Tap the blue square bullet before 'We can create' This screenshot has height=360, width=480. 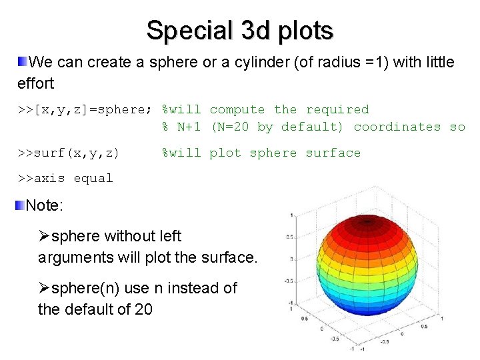pyautogui.click(x=23, y=63)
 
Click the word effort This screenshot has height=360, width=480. pyautogui.click(x=35, y=84)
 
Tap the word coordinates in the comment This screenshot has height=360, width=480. pyautogui.click(x=397, y=127)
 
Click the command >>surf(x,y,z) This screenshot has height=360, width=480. pyautogui.click(x=69, y=153)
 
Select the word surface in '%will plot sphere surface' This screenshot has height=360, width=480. pyautogui.click(x=333, y=153)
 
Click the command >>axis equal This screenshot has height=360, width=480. pyautogui.click(x=65, y=179)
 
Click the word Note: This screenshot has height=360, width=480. pyautogui.click(x=45, y=205)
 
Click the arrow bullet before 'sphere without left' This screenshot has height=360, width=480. pyautogui.click(x=44, y=237)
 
